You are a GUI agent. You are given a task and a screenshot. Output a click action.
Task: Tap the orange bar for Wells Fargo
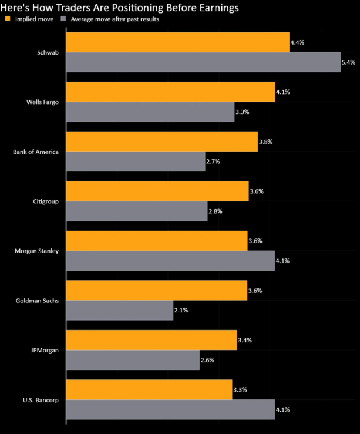[170, 92]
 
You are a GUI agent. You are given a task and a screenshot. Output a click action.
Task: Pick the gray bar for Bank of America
[136, 161]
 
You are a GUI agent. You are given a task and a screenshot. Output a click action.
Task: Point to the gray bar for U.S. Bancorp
[170, 409]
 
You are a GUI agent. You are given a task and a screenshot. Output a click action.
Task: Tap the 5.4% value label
[348, 62]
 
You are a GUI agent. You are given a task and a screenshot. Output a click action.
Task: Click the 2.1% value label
[182, 309]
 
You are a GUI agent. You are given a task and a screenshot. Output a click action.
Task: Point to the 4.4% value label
[297, 42]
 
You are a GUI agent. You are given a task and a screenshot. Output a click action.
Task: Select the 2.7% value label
[214, 161]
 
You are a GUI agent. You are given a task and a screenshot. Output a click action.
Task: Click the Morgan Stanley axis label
[36, 251]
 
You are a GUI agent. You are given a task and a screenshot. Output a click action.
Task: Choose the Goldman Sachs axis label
[37, 301]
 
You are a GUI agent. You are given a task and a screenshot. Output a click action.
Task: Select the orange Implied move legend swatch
[7, 19]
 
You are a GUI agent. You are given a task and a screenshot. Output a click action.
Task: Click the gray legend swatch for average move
[63, 19]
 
